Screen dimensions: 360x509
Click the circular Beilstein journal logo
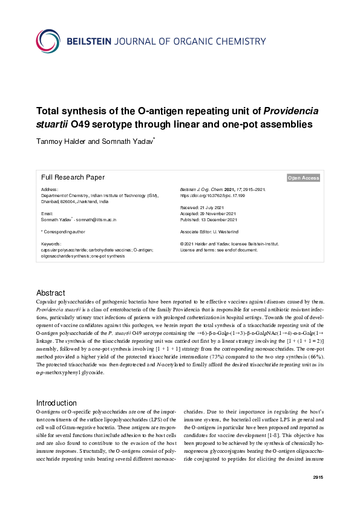(x=48, y=41)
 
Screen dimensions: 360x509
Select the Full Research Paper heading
(x=73, y=177)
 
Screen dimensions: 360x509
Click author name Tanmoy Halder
(x=61, y=142)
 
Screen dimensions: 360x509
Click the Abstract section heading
(x=50, y=293)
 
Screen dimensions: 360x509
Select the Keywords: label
(x=52, y=244)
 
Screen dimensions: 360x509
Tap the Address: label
(x=50, y=190)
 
